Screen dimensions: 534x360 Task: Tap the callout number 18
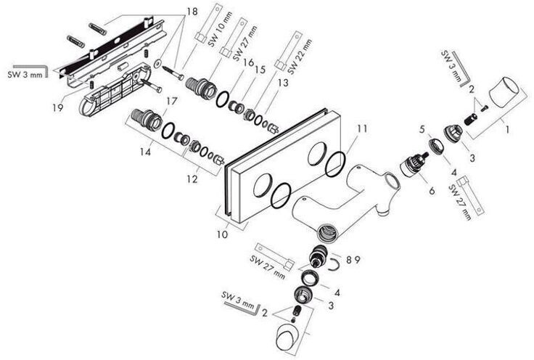(191, 12)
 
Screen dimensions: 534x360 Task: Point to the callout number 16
(249, 64)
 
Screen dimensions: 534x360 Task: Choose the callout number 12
(192, 176)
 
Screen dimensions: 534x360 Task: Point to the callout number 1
(507, 131)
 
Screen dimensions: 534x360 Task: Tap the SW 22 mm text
(294, 54)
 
